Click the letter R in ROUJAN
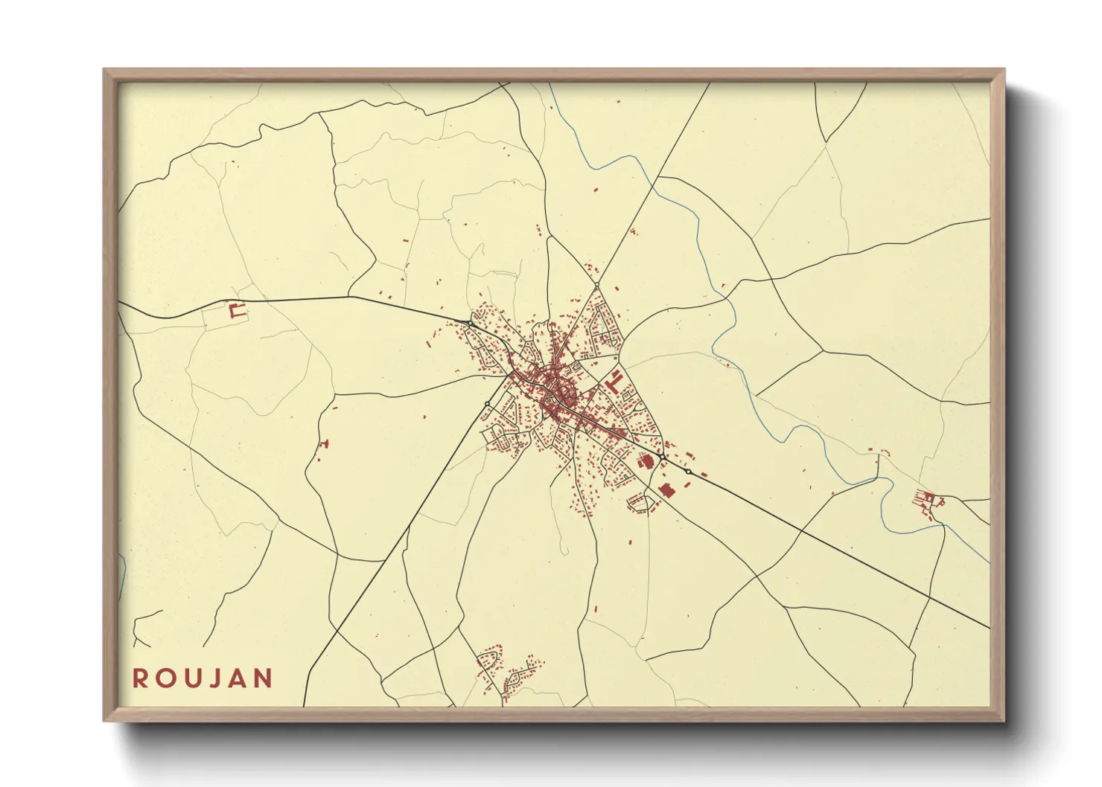(x=140, y=678)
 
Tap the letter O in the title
(x=165, y=678)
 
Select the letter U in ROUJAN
(x=192, y=678)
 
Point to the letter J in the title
(x=216, y=678)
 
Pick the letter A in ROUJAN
(x=238, y=678)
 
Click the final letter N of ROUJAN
(x=263, y=678)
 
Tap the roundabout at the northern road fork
(x=597, y=284)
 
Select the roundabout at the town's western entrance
(x=471, y=324)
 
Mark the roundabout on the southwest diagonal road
(x=487, y=404)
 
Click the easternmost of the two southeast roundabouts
(x=689, y=472)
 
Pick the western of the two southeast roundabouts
(x=660, y=455)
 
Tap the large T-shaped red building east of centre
(x=614, y=381)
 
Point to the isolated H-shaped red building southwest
(x=323, y=444)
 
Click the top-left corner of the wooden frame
(x=104, y=70)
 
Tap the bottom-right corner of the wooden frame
(x=1004, y=721)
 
